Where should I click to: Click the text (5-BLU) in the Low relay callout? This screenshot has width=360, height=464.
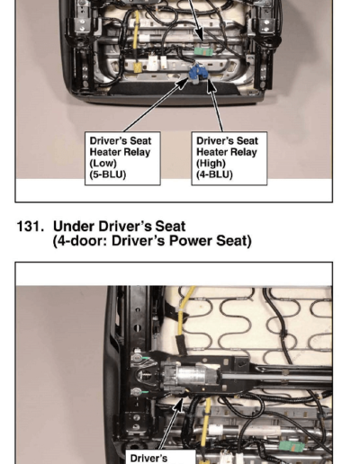pyautogui.click(x=108, y=174)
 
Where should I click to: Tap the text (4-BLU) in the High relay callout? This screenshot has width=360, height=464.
pyautogui.click(x=214, y=174)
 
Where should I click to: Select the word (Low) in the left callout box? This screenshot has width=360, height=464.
pyautogui.click(x=103, y=164)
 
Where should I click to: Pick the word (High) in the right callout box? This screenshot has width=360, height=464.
pyautogui.click(x=211, y=164)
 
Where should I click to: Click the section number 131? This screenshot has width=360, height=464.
pyautogui.click(x=30, y=227)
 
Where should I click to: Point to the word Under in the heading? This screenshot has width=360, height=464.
pyautogui.click(x=73, y=227)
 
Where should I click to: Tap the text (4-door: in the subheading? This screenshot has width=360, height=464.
pyautogui.click(x=80, y=241)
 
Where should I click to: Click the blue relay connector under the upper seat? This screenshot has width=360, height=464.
pyautogui.click(x=198, y=74)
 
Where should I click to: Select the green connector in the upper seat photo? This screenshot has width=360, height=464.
pyautogui.click(x=203, y=51)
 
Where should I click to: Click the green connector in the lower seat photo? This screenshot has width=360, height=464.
pyautogui.click(x=291, y=446)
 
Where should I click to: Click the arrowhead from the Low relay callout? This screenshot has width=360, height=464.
pyautogui.click(x=182, y=85)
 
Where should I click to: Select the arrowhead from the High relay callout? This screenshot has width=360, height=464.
pyautogui.click(x=211, y=85)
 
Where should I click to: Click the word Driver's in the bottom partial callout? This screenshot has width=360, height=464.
pyautogui.click(x=148, y=459)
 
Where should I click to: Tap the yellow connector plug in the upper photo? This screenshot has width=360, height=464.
pyautogui.click(x=139, y=67)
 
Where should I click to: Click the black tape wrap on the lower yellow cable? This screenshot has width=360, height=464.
pyautogui.click(x=181, y=344)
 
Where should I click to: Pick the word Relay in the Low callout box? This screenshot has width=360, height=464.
pyautogui.click(x=136, y=152)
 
